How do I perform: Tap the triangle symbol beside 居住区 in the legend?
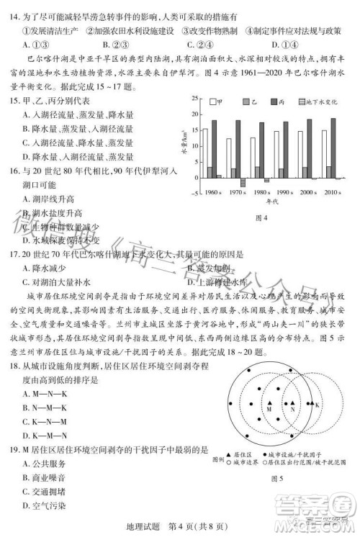click(x=230, y=456)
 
